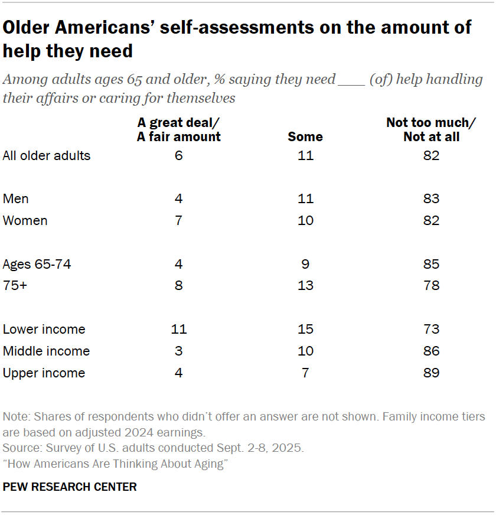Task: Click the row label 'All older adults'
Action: point(47,156)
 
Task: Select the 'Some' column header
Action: point(305,136)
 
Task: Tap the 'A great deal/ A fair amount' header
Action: point(179,130)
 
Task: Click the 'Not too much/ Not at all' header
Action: point(431,130)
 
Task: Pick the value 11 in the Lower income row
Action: point(179,329)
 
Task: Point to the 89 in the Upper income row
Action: point(431,373)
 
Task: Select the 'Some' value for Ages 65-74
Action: point(305,264)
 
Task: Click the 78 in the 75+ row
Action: point(431,286)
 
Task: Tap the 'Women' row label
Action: point(25,220)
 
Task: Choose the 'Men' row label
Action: point(15,198)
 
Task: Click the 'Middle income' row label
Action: point(46,351)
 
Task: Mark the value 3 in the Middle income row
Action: point(179,351)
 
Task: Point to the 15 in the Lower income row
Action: point(305,329)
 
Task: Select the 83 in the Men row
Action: point(431,198)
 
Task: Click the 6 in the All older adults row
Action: point(179,156)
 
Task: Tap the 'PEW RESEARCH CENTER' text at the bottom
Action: point(70,487)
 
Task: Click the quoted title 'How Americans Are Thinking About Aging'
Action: point(116,464)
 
